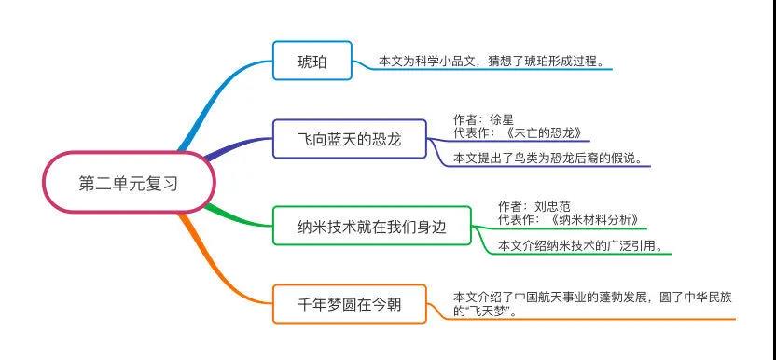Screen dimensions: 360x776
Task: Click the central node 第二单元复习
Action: click(129, 184)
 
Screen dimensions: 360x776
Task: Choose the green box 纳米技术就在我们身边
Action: click(371, 226)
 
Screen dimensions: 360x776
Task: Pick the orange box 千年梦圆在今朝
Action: click(349, 303)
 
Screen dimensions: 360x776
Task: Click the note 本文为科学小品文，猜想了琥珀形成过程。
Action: click(491, 62)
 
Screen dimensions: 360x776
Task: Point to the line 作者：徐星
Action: click(483, 119)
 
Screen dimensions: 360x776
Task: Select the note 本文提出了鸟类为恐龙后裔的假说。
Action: click(547, 159)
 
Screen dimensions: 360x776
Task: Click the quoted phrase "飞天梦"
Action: click(491, 311)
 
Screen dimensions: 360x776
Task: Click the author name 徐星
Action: click(501, 119)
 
